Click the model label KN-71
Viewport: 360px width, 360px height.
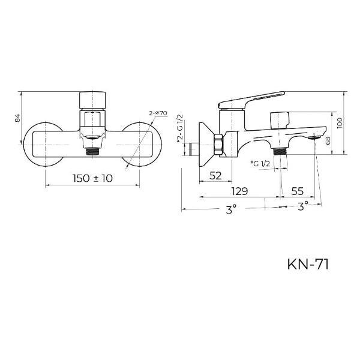pos(308,264)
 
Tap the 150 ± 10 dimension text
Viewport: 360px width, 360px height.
pos(92,178)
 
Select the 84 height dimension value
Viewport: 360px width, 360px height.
pos(18,118)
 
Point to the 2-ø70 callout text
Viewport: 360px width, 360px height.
pos(158,113)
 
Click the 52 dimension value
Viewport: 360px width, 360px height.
pos(215,176)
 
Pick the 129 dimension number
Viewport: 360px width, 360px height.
pos(239,191)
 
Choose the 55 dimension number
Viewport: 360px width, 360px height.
pos(298,191)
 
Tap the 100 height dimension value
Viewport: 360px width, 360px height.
pos(340,123)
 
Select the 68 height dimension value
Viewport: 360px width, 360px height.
pos(328,140)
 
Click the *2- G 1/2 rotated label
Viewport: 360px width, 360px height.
pos(180,129)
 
